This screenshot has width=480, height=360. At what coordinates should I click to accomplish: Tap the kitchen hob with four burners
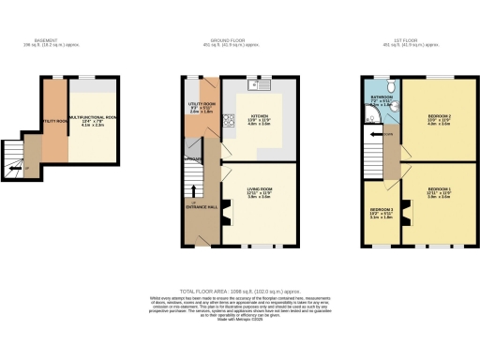point(228,119)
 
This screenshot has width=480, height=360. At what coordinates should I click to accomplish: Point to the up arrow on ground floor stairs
point(193,192)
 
